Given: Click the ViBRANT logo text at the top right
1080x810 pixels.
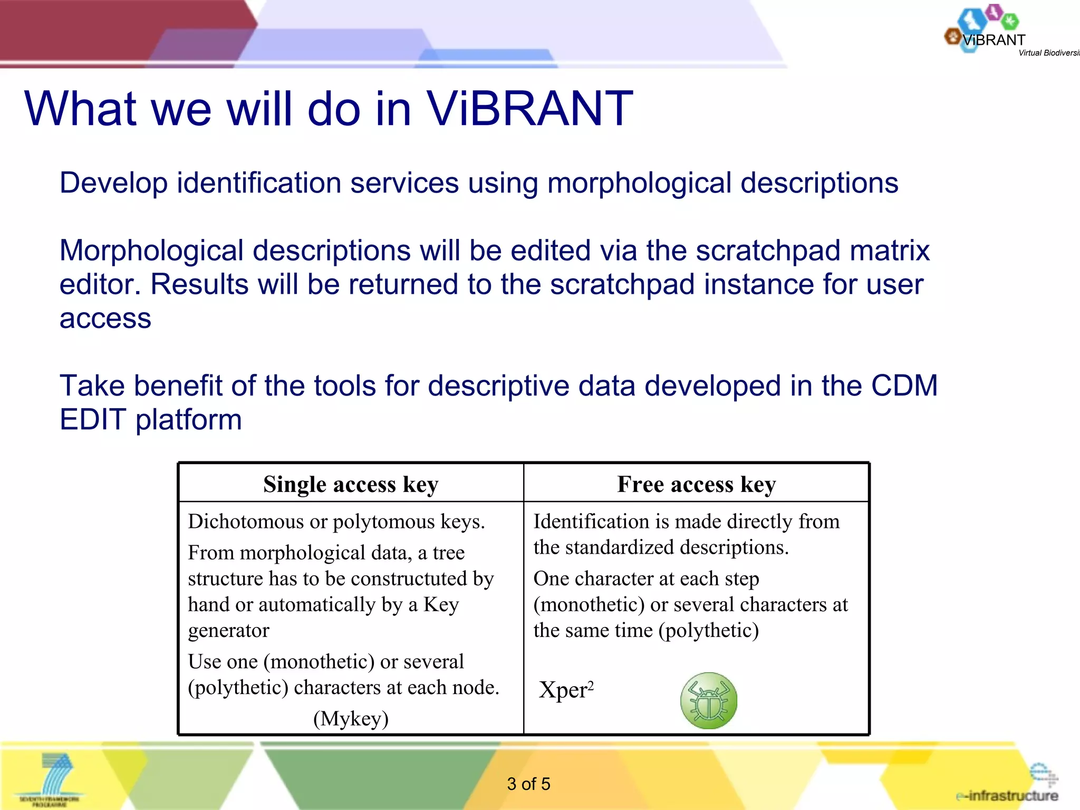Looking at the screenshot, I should click(x=994, y=40).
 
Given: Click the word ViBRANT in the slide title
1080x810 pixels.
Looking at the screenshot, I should click(x=529, y=109).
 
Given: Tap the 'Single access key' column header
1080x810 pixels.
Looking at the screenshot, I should click(x=351, y=484).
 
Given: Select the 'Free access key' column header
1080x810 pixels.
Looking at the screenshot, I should click(x=696, y=484).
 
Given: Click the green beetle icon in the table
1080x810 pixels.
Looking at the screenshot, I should click(x=708, y=701).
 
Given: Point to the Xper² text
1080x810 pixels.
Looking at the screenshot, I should click(x=566, y=690).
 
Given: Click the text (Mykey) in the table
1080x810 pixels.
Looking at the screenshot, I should click(x=351, y=718).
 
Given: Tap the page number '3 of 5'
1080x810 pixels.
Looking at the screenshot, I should click(x=528, y=784).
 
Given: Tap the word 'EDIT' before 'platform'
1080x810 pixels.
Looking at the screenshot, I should click(x=93, y=420).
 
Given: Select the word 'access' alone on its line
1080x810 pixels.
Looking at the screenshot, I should click(x=105, y=319).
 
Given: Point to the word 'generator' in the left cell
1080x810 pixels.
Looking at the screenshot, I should click(x=228, y=631).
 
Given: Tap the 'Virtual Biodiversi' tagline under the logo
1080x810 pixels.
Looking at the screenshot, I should click(x=1048, y=53).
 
